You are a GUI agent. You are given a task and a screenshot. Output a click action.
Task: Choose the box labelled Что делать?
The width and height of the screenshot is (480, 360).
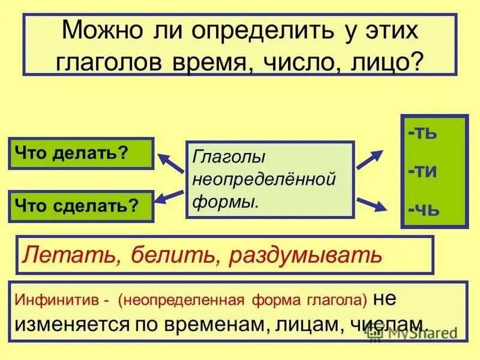(81, 154)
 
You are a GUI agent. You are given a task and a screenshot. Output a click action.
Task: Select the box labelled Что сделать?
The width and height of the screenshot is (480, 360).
(81, 206)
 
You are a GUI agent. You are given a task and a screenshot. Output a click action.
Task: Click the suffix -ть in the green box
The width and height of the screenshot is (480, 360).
(423, 133)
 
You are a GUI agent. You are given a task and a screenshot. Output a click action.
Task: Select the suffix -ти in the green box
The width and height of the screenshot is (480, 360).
(423, 171)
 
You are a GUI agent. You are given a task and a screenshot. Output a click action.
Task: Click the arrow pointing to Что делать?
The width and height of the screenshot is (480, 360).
(170, 161)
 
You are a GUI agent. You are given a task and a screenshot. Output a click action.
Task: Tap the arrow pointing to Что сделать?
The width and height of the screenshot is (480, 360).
(170, 196)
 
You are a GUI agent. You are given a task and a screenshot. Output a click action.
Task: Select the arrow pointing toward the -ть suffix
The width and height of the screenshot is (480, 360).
(370, 158)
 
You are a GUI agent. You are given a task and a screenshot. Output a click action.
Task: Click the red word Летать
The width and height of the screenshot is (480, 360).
(65, 255)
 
